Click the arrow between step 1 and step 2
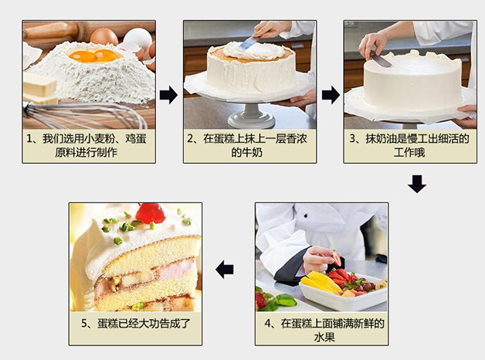[x=168, y=95]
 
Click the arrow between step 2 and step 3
[x=331, y=95]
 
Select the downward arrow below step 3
[x=417, y=184]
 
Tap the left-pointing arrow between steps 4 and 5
[x=225, y=270]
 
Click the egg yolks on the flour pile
[x=93, y=56]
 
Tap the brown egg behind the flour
[x=104, y=36]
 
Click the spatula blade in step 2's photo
[x=248, y=43]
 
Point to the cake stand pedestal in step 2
[x=251, y=116]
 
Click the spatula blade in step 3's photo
[x=381, y=60]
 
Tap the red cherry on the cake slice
[x=151, y=212]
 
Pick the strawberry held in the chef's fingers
[x=336, y=258]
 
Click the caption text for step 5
[x=135, y=324]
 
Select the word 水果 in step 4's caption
[x=324, y=337]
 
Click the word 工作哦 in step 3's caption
[x=409, y=152]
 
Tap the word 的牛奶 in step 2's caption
[x=247, y=152]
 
